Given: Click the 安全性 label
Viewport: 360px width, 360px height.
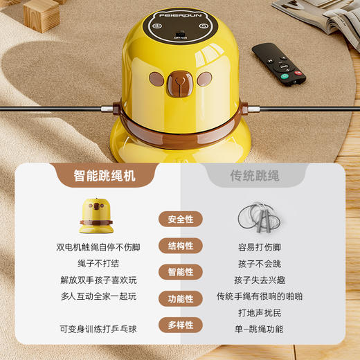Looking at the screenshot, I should tap(180, 219).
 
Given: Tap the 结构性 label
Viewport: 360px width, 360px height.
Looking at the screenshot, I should tap(180, 246).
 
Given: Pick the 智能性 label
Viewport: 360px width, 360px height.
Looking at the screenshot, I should tap(180, 272).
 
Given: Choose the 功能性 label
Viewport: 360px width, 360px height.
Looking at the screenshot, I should tap(180, 298).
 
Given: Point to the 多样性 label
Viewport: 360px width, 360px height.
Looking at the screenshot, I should tap(180, 325).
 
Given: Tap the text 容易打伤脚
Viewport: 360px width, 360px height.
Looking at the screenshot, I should tap(259, 247).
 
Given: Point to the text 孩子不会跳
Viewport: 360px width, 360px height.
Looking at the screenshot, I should tap(259, 264).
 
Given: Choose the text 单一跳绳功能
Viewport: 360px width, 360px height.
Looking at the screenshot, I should tap(259, 329).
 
